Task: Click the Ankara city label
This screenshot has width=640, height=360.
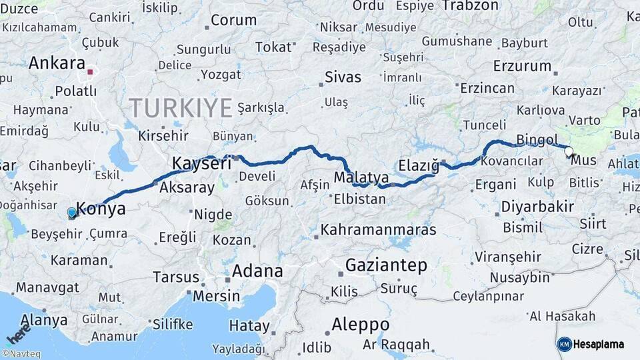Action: coord(55,63)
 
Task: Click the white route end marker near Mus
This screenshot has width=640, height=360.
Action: coord(569,152)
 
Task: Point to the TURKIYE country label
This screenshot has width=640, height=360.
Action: coord(181,107)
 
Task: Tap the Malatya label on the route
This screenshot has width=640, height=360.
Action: coord(361,178)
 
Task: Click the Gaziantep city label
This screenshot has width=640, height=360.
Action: coord(386,265)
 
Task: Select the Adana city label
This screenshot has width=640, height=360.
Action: coord(257,271)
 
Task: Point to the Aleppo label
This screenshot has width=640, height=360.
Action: coord(361,325)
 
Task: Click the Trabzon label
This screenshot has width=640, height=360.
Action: coord(470,6)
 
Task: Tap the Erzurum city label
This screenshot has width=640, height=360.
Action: coord(522,66)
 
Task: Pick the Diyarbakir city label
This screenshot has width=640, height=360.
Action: coord(537,206)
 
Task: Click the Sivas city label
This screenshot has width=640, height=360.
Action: coord(343,77)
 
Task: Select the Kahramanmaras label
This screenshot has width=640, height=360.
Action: coord(378,230)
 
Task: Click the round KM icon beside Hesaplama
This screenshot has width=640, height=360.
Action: coord(564,344)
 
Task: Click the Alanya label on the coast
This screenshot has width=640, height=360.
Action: coord(45,319)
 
